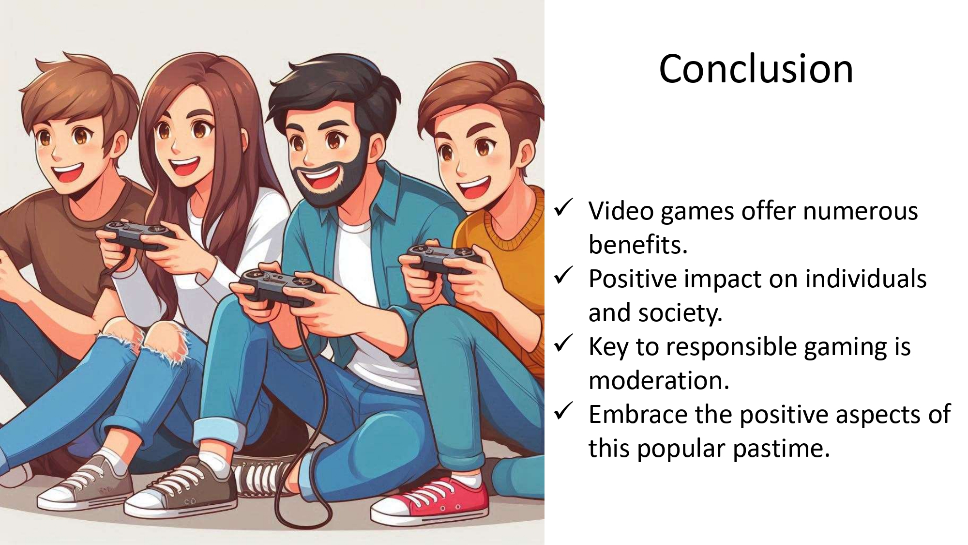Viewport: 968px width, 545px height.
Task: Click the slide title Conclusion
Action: (x=756, y=69)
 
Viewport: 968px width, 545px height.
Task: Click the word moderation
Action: (x=659, y=381)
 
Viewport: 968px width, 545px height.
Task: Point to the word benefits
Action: (x=638, y=244)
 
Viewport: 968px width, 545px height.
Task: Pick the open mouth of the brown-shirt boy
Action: (x=68, y=172)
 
